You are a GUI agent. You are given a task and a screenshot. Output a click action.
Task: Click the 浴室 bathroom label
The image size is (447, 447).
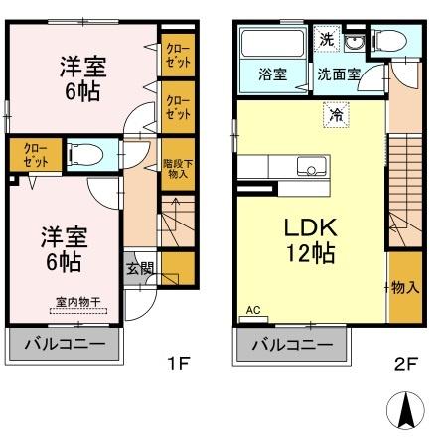pos(271,73)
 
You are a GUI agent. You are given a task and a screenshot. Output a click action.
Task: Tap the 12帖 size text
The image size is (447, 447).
pos(310,253)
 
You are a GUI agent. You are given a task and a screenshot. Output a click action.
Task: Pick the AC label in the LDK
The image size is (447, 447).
pos(252,310)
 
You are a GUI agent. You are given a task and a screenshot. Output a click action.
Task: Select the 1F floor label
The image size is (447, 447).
pos(177,364)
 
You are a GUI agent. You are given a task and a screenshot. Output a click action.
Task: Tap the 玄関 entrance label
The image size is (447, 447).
pos(139,266)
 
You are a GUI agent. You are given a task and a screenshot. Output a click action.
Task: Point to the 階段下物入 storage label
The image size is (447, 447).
pos(176,165)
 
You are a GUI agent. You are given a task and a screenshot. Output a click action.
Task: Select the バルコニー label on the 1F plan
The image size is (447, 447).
pos(64,346)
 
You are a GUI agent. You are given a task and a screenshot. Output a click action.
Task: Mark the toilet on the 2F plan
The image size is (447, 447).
pos(390,41)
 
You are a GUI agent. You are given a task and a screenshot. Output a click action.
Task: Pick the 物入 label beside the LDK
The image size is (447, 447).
pos(403,288)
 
